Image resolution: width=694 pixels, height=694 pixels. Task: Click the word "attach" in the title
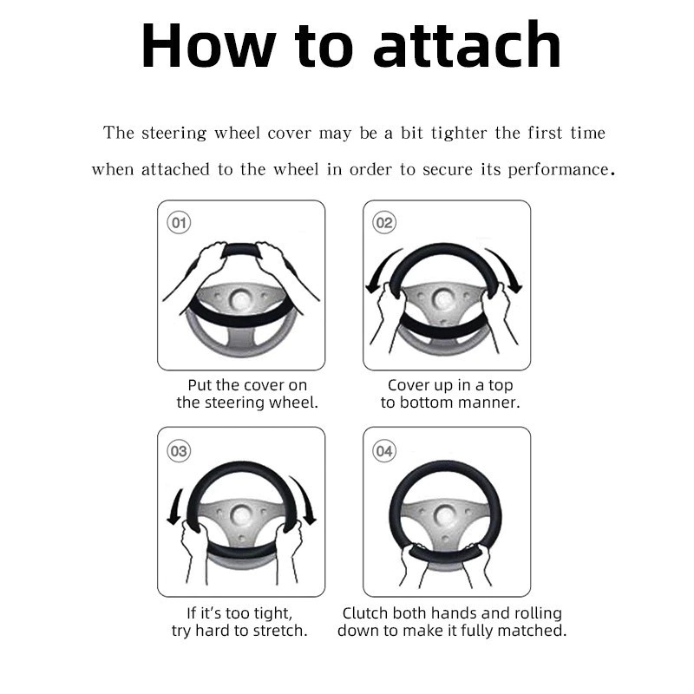(x=468, y=45)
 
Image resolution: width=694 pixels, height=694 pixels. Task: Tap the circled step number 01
(x=179, y=223)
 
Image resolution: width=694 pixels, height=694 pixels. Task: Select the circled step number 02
(x=384, y=223)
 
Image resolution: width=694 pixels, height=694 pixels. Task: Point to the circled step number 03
(x=179, y=451)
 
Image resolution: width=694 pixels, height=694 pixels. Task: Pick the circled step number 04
(x=384, y=451)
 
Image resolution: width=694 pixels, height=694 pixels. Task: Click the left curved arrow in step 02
(x=380, y=268)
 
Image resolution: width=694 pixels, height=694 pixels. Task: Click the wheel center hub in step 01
(x=241, y=299)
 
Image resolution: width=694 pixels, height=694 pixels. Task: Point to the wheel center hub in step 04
(x=444, y=515)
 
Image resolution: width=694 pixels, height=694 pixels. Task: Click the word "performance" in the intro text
(x=558, y=170)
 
